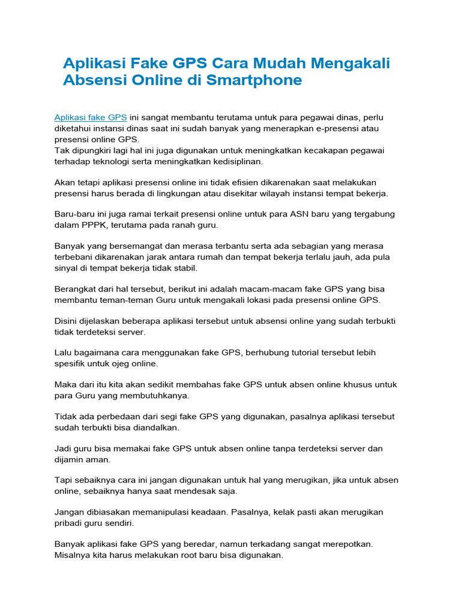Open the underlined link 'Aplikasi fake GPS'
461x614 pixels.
[x=91, y=118]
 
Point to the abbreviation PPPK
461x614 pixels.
[x=92, y=225]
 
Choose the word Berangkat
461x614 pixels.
[x=75, y=289]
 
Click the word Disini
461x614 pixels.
[x=67, y=321]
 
